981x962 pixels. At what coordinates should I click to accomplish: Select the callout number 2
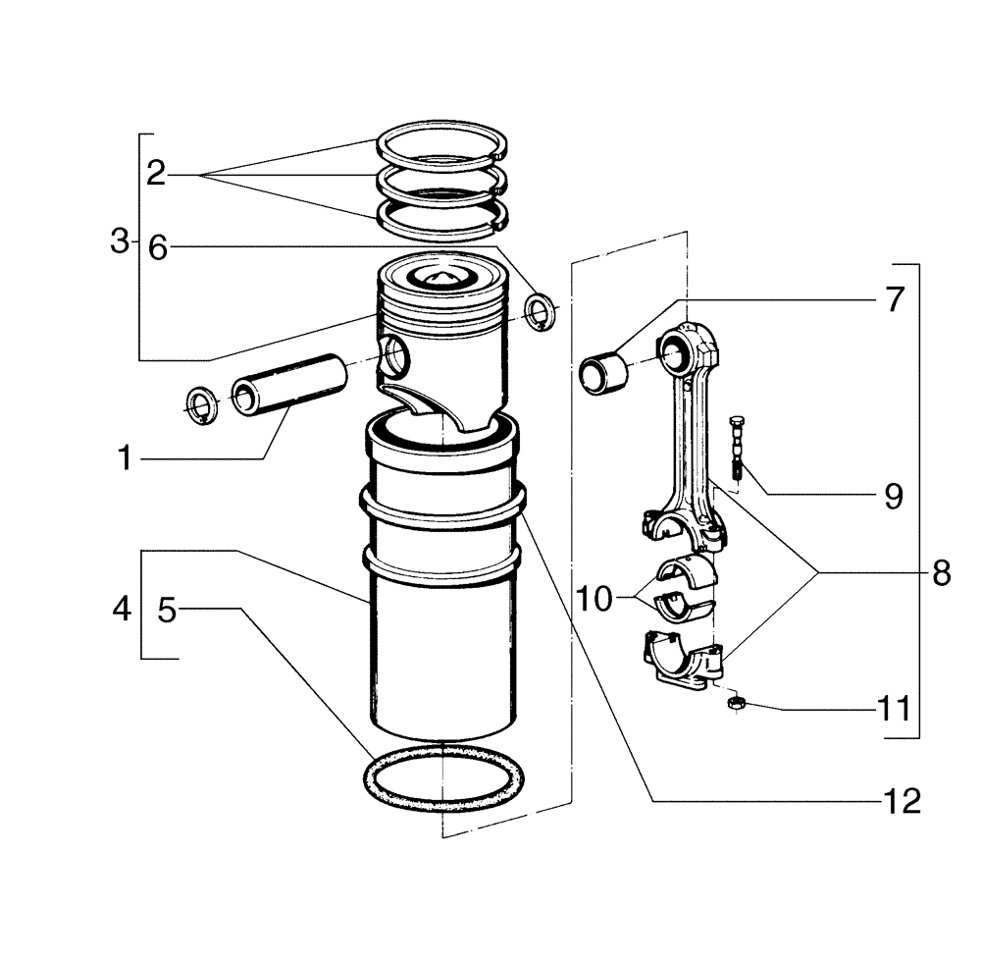(x=155, y=175)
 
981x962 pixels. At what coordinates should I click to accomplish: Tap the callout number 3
(x=120, y=241)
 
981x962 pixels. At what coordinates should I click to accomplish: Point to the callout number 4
(x=121, y=610)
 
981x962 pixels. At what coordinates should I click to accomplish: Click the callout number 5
(x=167, y=610)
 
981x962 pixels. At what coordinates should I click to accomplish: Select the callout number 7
(x=893, y=299)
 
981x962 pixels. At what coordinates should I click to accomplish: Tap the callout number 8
(x=941, y=573)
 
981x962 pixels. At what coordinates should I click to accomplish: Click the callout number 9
(x=893, y=496)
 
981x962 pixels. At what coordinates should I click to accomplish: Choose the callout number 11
(x=893, y=708)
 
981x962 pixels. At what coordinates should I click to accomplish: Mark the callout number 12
(x=901, y=802)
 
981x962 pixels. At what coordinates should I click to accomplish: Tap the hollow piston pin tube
(x=289, y=382)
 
